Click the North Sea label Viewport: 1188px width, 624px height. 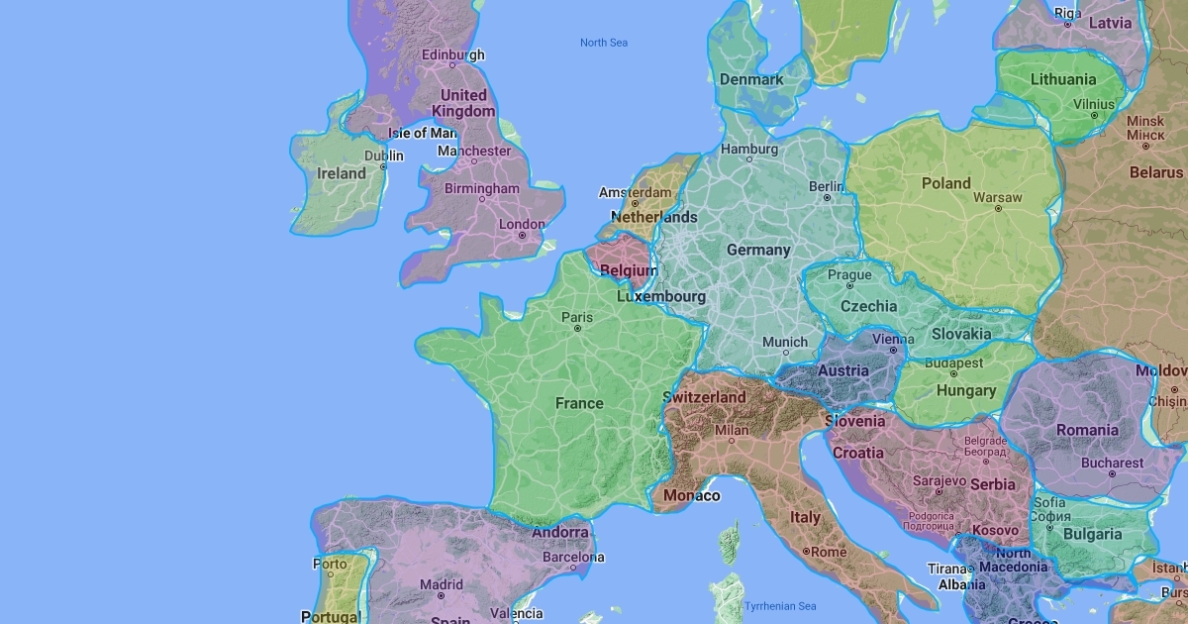603,43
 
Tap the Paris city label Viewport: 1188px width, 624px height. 577,318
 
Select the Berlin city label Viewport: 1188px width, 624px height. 826,185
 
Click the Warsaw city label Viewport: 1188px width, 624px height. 997,197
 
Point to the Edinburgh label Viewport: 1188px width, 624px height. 452,54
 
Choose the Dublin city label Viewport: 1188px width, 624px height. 383,156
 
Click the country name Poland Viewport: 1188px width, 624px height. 945,183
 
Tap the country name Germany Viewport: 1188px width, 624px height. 758,250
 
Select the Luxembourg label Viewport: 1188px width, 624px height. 660,296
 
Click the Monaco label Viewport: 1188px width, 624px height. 691,495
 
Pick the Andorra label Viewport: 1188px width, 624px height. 560,532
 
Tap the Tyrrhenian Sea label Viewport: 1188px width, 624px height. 780,606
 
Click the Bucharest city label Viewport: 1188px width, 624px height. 1112,463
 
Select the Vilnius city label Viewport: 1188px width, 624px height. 1094,104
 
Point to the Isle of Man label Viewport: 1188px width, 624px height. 422,133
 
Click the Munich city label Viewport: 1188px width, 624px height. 785,342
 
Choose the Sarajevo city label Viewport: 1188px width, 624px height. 940,480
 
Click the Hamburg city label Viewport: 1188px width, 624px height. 749,150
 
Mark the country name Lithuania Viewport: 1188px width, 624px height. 1063,79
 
